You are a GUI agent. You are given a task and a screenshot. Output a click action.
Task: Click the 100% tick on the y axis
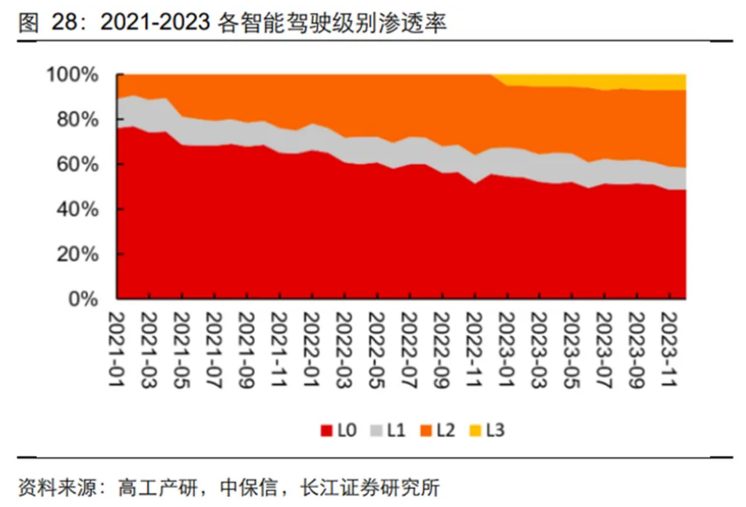tap(76, 75)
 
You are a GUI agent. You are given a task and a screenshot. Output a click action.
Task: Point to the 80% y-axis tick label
tap(81, 120)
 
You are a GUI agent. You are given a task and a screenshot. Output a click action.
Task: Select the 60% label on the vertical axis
tap(81, 165)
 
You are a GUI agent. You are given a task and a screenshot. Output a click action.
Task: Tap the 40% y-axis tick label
tap(81, 210)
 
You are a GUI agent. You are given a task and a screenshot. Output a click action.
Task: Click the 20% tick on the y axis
tap(81, 255)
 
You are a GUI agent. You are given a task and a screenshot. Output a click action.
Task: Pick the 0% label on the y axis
tap(85, 300)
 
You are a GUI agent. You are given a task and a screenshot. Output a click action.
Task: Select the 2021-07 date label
tap(214, 339)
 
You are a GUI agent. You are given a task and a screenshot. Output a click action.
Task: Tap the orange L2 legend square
tap(426, 430)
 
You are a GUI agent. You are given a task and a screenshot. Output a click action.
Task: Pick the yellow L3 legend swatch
tap(478, 430)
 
